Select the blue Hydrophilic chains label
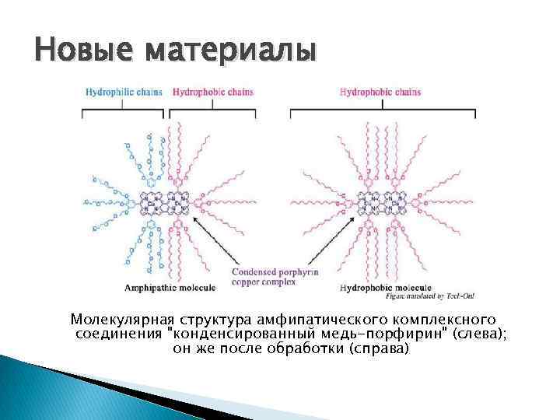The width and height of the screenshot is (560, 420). click(124, 92)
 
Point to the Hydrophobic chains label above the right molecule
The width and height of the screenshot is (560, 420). click(380, 92)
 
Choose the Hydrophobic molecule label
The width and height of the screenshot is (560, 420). click(379, 289)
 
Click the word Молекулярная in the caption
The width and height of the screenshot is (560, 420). click(123, 320)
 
